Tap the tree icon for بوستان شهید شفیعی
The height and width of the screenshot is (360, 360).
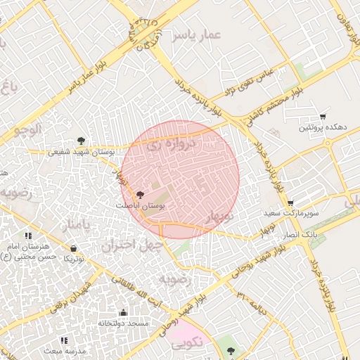pos(82,140)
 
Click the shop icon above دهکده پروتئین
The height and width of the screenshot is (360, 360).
pos(323,116)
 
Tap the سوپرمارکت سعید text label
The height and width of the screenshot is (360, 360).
pos(291,212)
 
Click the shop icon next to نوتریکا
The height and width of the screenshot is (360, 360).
pos(74,248)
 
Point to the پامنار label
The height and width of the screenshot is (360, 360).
pos(76,226)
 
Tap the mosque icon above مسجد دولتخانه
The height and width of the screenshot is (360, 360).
pos(124,312)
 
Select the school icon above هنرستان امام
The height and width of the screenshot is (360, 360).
pos(29,236)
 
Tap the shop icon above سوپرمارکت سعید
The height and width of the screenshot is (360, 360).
pos(290,202)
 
